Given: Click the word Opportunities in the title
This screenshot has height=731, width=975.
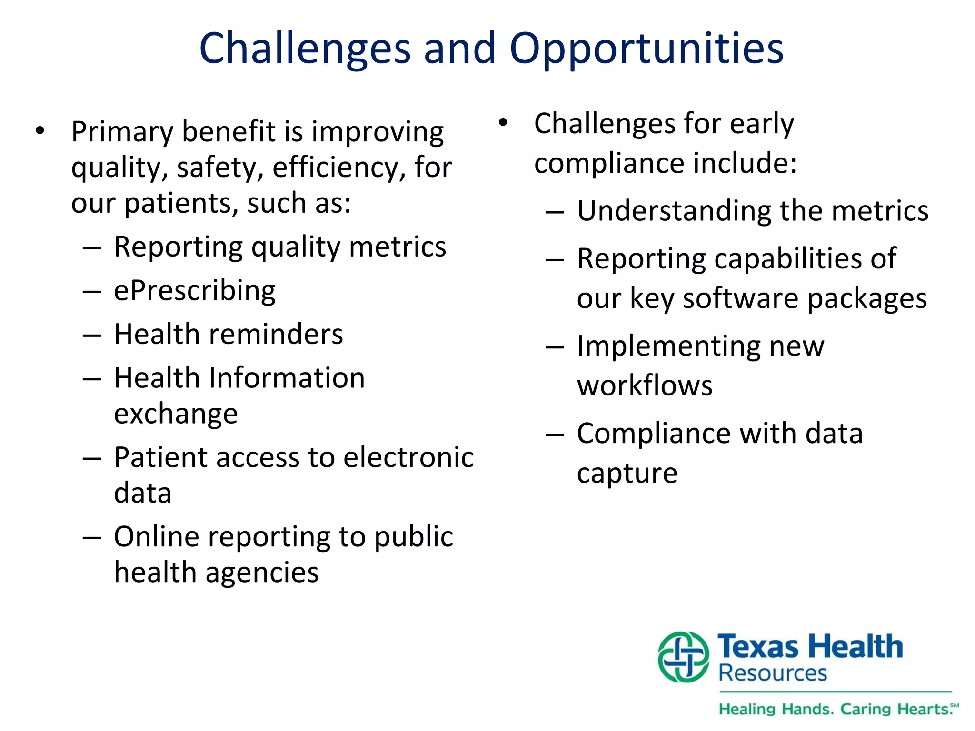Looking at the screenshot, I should pos(646,49).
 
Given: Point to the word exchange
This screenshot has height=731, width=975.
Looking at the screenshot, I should pos(176,414).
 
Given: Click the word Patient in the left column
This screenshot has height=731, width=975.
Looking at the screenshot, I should pos(156,457).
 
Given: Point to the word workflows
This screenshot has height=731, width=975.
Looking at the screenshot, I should pos(645,385).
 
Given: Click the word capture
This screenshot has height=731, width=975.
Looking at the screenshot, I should pos(627,474).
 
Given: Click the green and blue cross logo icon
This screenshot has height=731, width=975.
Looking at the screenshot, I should pos(683,657).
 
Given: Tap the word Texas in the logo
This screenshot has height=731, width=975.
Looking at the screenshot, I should pos(757,647).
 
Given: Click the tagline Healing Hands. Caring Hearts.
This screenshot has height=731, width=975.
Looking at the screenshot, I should pos(838,709).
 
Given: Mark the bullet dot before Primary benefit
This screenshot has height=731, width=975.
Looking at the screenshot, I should pos(40,130).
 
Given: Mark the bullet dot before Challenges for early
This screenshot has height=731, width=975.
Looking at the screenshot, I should pos(503,123).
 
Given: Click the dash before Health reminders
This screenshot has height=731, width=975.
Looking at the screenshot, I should pos(91,335).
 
